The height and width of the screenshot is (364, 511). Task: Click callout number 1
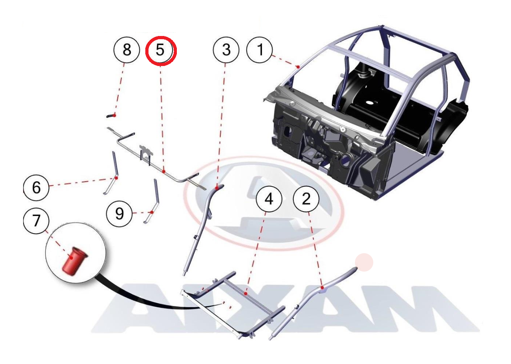click(259, 50)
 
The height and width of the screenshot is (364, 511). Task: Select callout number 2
click(306, 199)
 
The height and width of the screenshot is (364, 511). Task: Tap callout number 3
click(226, 50)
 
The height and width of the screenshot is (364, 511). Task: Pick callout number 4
click(269, 199)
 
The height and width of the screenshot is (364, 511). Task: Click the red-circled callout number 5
click(161, 50)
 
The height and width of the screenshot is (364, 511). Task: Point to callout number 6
click(36, 188)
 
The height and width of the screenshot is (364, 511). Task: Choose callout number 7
click(36, 221)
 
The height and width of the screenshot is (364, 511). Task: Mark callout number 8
click(127, 50)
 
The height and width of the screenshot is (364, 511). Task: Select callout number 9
click(119, 214)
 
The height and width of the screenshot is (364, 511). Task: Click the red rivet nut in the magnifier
click(74, 261)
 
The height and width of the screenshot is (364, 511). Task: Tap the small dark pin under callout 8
click(111, 116)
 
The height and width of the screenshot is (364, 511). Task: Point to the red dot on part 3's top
click(217, 188)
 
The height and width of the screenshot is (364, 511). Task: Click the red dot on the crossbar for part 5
click(164, 172)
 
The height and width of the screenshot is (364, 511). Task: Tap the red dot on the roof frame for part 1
click(298, 67)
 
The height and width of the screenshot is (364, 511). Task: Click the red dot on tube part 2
click(322, 288)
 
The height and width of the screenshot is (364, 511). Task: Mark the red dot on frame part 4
click(246, 293)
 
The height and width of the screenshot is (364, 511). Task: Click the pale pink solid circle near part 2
click(364, 262)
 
